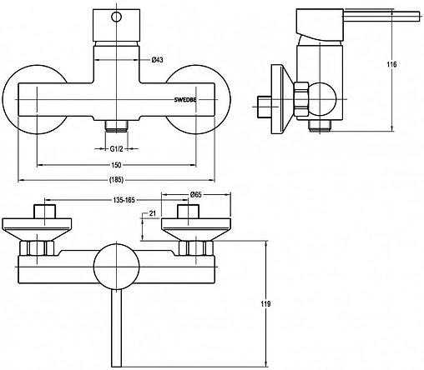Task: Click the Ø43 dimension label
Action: (x=157, y=60)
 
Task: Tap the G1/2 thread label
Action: (x=116, y=149)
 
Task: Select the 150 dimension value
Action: (x=116, y=165)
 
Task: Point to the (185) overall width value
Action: (x=116, y=180)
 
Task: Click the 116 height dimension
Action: (x=391, y=64)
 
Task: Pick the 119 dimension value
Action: (x=265, y=304)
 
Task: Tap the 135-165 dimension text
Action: (x=124, y=200)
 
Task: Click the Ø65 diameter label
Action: (x=196, y=195)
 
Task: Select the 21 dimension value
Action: (x=153, y=213)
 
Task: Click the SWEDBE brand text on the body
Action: (x=185, y=100)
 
